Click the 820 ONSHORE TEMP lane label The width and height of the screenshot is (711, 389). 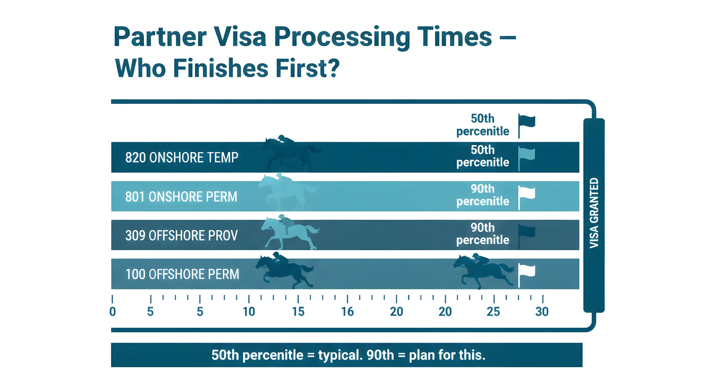coord(182,157)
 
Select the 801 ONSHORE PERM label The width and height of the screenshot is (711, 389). coord(181,197)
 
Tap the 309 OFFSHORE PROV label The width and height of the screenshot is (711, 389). coord(181,235)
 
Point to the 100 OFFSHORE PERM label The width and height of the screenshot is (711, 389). coord(182,274)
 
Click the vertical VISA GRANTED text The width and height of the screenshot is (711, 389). coord(594,213)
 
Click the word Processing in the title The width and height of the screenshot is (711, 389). coord(342,37)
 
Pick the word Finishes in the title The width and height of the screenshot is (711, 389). coord(221,68)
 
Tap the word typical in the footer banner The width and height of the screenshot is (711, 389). coord(340,355)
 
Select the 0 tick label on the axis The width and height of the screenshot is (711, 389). coord(112,312)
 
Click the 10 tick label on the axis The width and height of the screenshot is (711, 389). coord(249,312)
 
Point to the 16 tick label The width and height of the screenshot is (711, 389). coord(347,312)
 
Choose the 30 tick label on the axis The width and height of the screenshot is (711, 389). coord(542,312)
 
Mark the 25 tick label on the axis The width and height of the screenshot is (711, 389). coord(493,312)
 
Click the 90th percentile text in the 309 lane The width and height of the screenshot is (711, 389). coord(482,234)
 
